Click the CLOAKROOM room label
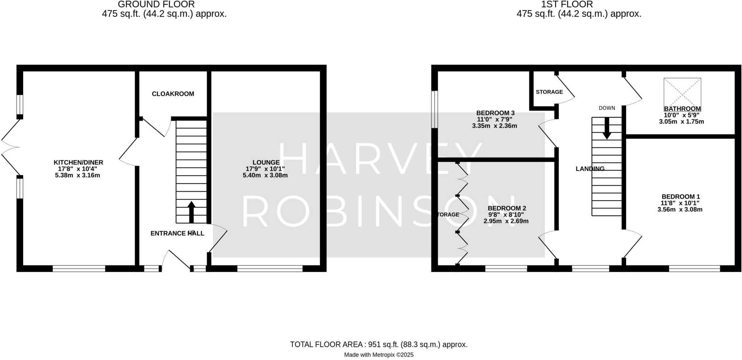[173, 94]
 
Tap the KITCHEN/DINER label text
[78, 162]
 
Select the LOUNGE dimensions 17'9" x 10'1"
[265, 169]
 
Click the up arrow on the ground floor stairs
[191, 212]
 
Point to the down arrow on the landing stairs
[606, 129]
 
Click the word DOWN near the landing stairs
[606, 108]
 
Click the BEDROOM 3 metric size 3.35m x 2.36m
[494, 126]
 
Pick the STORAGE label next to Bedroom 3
[549, 92]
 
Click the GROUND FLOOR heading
[156, 4]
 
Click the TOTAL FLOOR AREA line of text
[379, 344]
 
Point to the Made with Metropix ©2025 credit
[379, 355]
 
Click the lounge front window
[270, 268]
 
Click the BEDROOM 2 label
[507, 208]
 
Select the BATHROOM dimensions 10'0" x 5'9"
[681, 115]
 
